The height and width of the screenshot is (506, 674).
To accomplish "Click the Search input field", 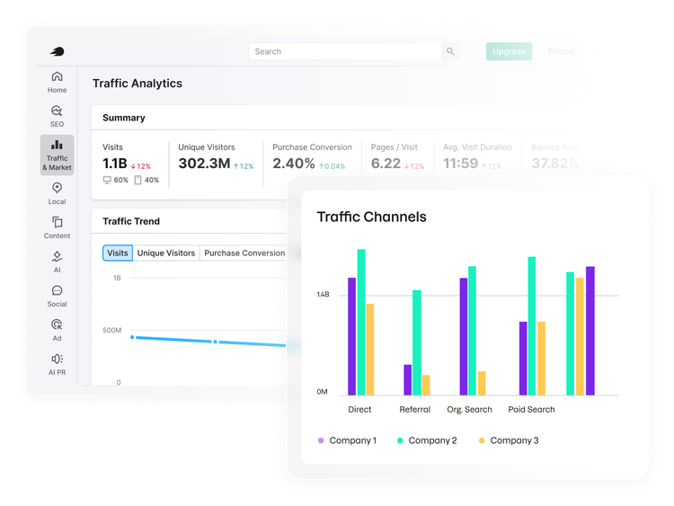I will [345, 51].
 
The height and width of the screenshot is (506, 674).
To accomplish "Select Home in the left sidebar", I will [57, 82].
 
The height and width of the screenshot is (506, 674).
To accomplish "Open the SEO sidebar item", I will [57, 116].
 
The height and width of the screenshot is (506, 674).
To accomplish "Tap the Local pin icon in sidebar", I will [57, 188].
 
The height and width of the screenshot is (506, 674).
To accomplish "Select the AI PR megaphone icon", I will [57, 359].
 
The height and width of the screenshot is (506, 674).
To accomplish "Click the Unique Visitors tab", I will [166, 253].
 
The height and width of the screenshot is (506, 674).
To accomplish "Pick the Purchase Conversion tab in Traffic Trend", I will [244, 253].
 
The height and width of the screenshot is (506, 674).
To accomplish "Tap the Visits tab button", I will [118, 253].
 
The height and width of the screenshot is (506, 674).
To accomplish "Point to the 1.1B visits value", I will [115, 164].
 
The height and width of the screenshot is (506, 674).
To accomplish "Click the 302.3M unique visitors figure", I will [204, 164].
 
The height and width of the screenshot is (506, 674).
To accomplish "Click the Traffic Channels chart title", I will [371, 217].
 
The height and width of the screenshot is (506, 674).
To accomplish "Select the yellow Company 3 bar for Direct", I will [370, 349].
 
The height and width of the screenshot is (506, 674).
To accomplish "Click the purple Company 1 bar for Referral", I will [408, 379].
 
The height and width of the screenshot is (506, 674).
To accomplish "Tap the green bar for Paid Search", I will [532, 325].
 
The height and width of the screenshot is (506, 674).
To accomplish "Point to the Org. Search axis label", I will [469, 410].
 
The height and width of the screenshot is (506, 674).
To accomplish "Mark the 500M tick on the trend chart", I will [111, 331].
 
